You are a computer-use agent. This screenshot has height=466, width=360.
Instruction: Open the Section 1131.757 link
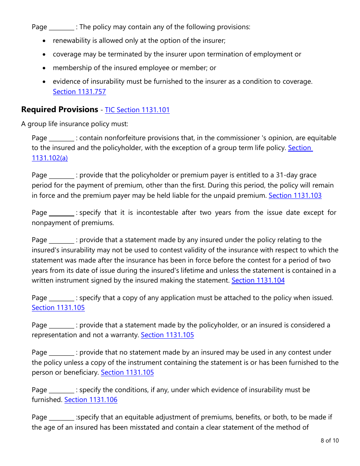click(x=79, y=92)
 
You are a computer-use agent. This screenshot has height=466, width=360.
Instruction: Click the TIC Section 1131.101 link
click(x=137, y=110)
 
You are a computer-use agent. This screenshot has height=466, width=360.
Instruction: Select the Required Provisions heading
click(x=59, y=109)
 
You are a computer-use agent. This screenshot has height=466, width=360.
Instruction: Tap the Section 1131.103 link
click(x=295, y=195)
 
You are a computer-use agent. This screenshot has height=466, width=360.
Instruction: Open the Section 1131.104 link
click(x=258, y=280)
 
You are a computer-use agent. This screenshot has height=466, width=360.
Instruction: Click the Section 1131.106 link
click(x=91, y=400)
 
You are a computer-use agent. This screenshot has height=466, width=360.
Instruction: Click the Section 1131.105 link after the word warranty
click(x=167, y=335)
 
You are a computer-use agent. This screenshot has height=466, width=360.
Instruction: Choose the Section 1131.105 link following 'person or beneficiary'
click(x=127, y=372)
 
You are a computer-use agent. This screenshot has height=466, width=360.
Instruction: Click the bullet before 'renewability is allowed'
click(x=45, y=41)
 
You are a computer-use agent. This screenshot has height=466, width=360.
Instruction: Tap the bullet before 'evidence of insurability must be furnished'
click(x=45, y=82)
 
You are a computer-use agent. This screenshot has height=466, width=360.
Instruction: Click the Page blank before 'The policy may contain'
click(x=61, y=27)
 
